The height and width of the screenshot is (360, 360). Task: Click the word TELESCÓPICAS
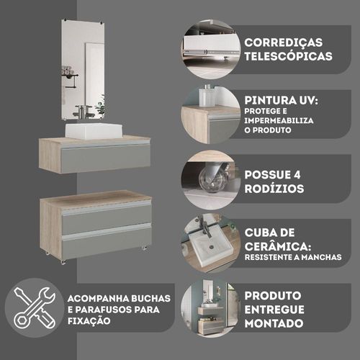click(288, 56)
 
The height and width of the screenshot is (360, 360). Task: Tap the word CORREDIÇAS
click(284, 42)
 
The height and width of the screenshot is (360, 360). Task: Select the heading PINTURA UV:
click(281, 100)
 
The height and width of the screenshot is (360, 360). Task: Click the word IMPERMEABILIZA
click(279, 120)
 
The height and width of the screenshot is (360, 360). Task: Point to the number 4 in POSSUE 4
click(297, 175)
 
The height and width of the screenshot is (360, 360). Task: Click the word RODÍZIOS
click(274, 189)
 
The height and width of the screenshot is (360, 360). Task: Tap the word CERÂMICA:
click(278, 246)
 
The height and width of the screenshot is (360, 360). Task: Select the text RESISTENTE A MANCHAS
click(293, 257)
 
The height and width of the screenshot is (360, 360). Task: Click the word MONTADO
click(274, 323)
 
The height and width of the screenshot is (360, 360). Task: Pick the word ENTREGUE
click(274, 310)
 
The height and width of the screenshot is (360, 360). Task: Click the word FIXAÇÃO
click(89, 320)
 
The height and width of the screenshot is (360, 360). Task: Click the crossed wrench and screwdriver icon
click(35, 308)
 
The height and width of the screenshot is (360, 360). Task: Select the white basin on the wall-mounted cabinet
click(94, 131)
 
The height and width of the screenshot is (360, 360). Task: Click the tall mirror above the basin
click(83, 70)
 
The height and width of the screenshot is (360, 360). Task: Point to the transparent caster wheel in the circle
click(211, 178)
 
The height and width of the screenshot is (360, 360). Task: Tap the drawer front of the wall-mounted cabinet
click(106, 157)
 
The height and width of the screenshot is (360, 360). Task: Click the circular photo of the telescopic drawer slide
click(210, 50)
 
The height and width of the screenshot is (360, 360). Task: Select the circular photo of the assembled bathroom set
click(210, 307)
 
